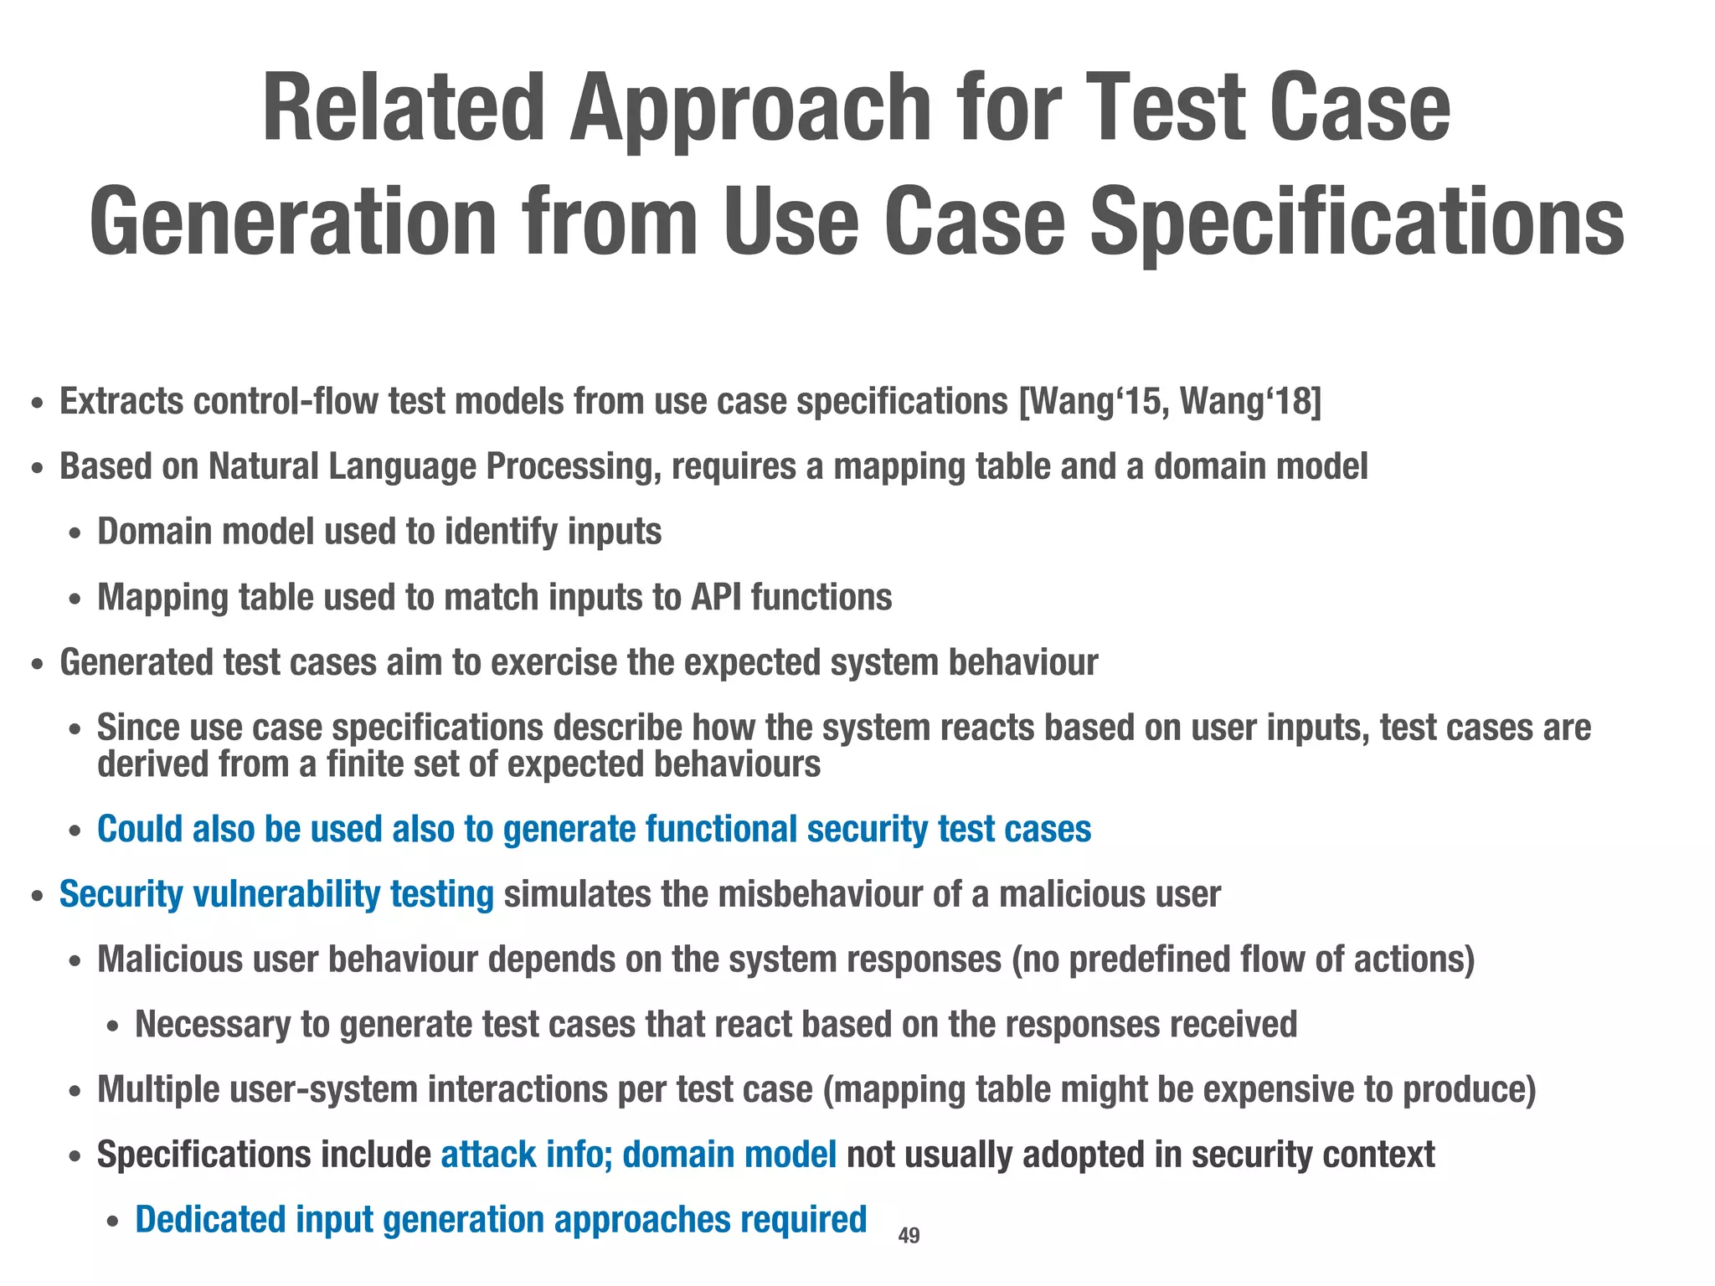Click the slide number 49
click(909, 1235)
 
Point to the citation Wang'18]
click(1251, 402)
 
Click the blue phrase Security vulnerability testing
click(276, 895)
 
